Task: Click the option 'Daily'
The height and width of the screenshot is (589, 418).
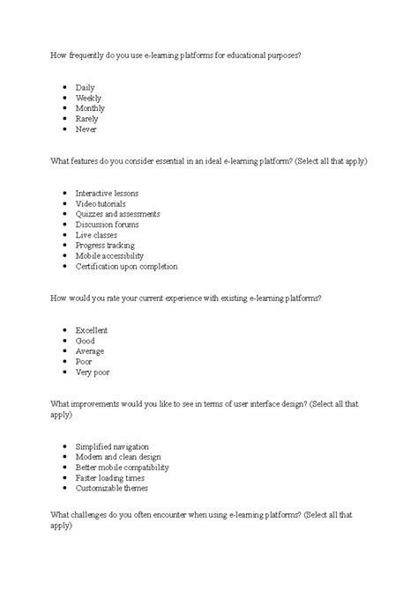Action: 86,88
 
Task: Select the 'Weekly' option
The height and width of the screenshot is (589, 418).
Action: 89,99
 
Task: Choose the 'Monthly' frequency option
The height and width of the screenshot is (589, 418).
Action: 90,109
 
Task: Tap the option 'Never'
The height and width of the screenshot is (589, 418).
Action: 86,129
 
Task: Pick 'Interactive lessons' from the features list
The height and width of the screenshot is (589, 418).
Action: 107,193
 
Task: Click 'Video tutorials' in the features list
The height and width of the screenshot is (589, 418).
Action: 101,203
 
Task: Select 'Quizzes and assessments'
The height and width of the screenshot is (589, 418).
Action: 117,214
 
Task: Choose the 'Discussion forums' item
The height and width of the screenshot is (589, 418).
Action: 108,225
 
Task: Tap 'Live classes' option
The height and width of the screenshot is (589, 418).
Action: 96,235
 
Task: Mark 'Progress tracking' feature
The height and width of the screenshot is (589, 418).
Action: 105,246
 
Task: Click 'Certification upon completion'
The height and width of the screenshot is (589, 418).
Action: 127,266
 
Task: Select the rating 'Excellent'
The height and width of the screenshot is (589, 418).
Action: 92,330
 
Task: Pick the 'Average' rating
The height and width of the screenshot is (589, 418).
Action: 91,350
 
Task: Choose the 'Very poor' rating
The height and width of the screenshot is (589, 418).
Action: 93,372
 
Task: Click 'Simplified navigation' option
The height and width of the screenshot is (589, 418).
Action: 112,446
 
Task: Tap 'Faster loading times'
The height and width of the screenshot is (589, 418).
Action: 108,477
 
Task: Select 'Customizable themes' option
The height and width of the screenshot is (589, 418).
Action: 112,488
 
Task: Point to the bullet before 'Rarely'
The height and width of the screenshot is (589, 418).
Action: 66,120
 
